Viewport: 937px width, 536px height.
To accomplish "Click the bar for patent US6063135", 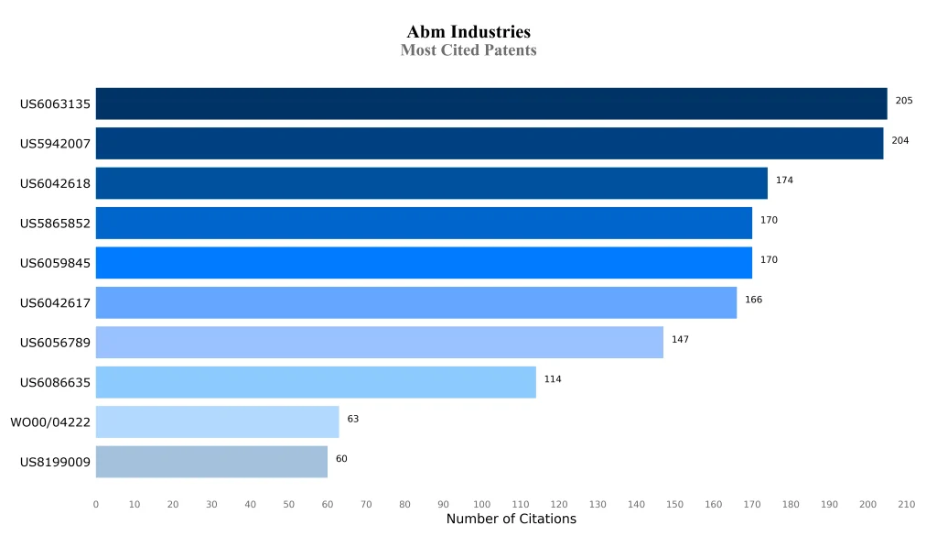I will point(491,104).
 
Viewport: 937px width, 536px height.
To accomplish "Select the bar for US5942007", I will point(490,144).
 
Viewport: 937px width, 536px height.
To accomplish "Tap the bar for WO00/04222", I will point(217,422).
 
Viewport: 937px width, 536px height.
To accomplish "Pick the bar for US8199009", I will point(211,462).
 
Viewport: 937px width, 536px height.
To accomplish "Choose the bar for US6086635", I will point(316,382).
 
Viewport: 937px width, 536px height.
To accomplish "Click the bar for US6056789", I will point(380,343).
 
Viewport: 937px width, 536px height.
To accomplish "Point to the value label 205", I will point(904,101).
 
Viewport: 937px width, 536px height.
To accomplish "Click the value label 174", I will point(784,180).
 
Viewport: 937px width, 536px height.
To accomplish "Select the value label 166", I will point(753,300).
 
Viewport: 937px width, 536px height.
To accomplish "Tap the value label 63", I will point(353,419).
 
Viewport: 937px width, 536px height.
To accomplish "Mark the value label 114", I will point(553,379).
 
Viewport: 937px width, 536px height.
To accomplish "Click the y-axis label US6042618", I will point(55,184).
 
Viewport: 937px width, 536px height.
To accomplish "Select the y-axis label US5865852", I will point(55,224).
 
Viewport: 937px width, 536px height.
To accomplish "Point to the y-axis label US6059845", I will point(55,264).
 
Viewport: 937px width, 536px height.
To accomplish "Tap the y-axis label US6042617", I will point(55,303).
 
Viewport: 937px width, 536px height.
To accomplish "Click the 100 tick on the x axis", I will point(482,505).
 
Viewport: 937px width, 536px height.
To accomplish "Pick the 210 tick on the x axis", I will point(907,505).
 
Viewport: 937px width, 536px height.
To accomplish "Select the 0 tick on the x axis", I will point(96,505).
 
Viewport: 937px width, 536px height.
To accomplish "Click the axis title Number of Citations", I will point(512,520).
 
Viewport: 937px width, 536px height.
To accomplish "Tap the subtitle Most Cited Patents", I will point(468,50).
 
